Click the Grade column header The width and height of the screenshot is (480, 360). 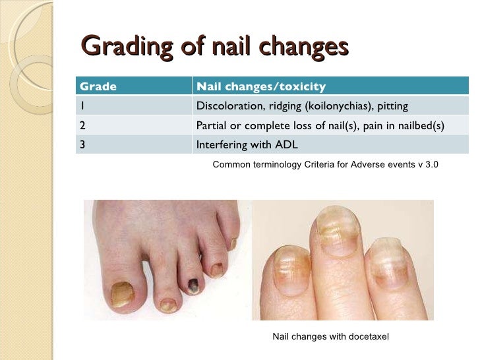coord(98,86)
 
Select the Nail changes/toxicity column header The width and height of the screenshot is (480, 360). coord(260,86)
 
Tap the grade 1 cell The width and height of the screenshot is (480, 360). coord(82,106)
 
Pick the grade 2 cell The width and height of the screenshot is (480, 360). coord(83,125)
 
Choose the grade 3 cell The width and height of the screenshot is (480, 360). coord(83,145)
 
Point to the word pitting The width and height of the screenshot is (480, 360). coord(391,106)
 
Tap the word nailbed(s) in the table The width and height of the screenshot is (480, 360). coord(419,125)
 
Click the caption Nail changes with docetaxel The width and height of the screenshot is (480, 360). coord(331,337)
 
